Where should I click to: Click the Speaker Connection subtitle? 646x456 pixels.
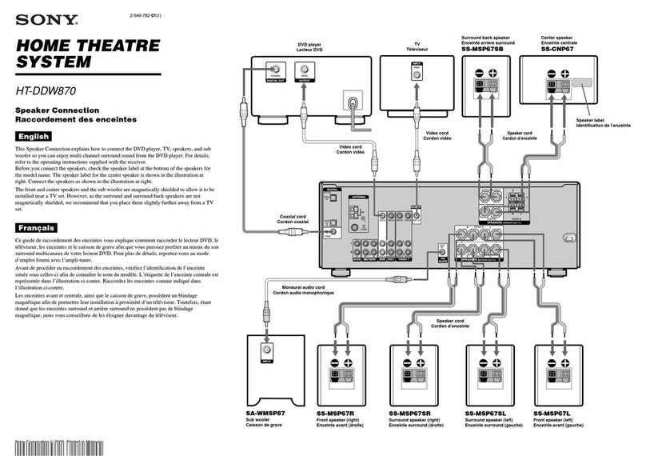point(58,111)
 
